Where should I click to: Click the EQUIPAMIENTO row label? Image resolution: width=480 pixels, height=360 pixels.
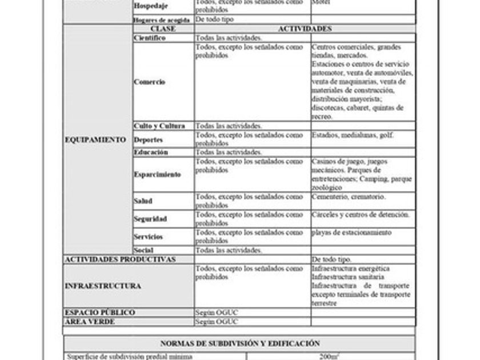click(x=95, y=139)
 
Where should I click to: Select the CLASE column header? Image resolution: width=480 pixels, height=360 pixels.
click(x=163, y=29)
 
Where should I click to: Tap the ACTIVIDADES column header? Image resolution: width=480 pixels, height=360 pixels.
click(x=305, y=29)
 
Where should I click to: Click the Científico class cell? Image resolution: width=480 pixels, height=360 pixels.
click(x=150, y=38)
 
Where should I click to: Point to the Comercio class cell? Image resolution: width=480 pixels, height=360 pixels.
click(x=150, y=82)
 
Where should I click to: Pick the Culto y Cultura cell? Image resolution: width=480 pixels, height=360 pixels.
click(x=159, y=126)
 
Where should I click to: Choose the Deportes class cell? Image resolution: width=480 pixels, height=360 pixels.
click(x=149, y=139)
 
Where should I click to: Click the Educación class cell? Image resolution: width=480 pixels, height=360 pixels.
click(x=151, y=153)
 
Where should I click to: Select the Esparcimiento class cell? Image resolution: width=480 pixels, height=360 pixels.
click(x=157, y=174)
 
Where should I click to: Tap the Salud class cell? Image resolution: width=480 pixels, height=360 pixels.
click(x=143, y=201)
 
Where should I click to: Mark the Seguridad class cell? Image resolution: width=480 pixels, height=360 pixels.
click(x=150, y=219)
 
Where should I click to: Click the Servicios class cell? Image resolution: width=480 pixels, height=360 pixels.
click(x=148, y=237)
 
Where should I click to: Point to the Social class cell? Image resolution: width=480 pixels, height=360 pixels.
click(x=143, y=250)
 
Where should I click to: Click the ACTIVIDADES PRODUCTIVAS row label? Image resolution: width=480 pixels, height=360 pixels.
click(x=120, y=259)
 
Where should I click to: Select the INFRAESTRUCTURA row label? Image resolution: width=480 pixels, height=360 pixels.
click(x=103, y=286)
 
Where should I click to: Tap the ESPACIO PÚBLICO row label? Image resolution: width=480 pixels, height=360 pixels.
click(x=100, y=313)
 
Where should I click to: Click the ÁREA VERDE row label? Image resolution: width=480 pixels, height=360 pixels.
click(x=90, y=322)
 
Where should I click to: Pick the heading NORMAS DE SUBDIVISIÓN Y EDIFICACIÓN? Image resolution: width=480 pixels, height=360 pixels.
click(x=240, y=343)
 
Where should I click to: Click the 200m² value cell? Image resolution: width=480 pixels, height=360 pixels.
click(x=329, y=357)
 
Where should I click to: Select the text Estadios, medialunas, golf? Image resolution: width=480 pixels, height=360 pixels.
click(x=352, y=135)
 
